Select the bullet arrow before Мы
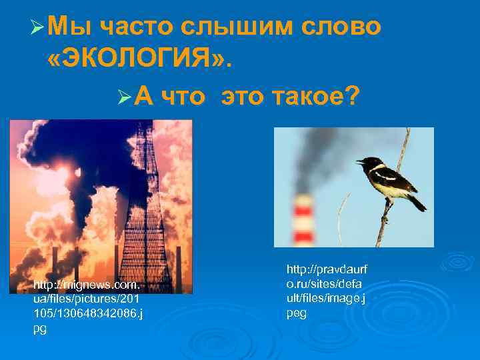coord(37,28)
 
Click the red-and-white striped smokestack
coord(303,221)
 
